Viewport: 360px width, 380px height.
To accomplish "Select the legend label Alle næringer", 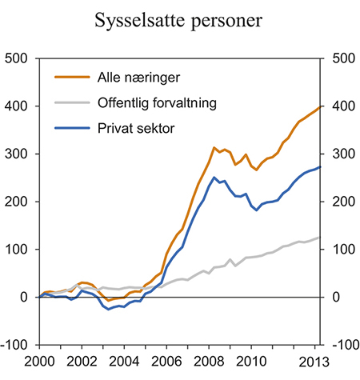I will click(x=128, y=78).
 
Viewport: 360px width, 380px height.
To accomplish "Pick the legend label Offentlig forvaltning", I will click(x=153, y=102).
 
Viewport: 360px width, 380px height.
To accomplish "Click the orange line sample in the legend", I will click(x=70, y=78).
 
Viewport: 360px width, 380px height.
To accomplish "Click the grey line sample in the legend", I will click(x=70, y=102).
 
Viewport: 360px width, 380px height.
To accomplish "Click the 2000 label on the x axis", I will click(x=40, y=360).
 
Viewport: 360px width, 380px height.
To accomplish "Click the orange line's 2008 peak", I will click(x=214, y=148).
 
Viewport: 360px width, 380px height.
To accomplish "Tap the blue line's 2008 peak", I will click(x=214, y=178).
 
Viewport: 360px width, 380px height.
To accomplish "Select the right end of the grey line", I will click(x=320, y=238).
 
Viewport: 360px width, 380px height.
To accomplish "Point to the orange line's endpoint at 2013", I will click(x=320, y=106).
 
